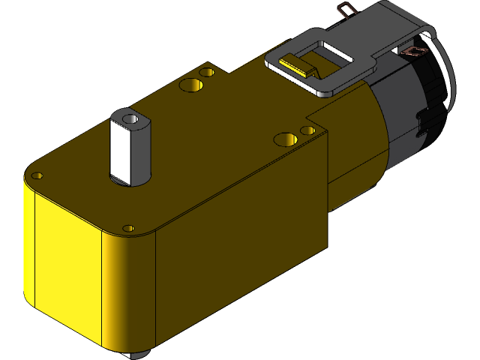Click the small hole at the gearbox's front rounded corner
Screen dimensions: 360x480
[128, 227]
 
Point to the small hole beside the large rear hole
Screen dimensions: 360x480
[208, 73]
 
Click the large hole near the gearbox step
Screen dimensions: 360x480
[285, 139]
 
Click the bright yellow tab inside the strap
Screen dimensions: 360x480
[297, 65]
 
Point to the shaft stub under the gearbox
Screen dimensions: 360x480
[139, 355]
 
